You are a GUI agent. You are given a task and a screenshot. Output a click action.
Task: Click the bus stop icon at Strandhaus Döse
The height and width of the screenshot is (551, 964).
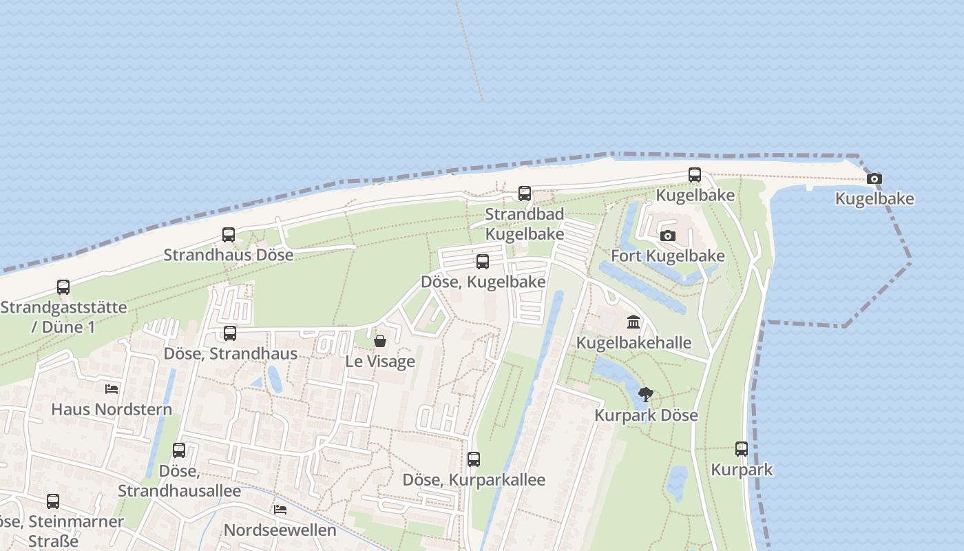[229, 235]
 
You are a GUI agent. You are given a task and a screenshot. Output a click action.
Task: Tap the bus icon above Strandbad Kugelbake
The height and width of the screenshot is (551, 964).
[525, 194]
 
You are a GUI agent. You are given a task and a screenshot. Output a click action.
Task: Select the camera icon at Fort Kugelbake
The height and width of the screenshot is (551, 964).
[667, 236]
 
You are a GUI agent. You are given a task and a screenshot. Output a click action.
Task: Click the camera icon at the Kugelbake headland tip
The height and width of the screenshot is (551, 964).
[874, 179]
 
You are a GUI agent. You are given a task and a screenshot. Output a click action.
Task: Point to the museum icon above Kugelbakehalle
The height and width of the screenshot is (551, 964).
[633, 322]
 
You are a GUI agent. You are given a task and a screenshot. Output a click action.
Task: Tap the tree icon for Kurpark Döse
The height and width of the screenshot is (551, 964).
[645, 395]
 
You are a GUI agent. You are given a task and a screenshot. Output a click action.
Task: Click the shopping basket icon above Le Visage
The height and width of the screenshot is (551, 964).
[379, 341]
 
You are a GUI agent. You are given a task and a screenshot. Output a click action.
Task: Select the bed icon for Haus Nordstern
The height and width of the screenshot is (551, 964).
[112, 389]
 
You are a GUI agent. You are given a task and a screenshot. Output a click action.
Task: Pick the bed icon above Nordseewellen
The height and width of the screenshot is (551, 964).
[280, 510]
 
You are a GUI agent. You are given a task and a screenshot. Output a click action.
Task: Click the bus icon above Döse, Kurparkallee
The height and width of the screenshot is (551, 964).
[474, 459]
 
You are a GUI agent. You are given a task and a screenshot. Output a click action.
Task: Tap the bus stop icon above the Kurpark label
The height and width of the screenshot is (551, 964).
[742, 449]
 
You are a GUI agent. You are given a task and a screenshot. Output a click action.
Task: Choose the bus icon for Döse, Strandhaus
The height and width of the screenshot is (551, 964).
[230, 333]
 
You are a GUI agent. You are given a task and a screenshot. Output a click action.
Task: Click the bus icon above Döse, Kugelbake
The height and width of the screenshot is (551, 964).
[483, 262]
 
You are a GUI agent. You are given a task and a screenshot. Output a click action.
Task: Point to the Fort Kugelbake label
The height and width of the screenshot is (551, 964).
[668, 256]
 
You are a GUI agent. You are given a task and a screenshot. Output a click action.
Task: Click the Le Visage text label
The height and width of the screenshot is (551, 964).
[380, 362]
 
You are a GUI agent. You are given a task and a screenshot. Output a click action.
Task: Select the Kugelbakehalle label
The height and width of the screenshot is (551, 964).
[633, 343]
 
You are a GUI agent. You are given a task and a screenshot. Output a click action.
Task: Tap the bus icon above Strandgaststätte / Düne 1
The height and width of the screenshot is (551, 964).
[63, 287]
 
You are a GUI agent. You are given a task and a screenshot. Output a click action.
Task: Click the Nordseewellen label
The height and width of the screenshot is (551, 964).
[280, 530]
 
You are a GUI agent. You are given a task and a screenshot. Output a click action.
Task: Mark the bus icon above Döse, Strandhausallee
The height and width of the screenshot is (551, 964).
[179, 450]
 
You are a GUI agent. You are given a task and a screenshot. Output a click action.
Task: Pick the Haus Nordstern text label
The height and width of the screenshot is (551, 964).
[112, 410]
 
